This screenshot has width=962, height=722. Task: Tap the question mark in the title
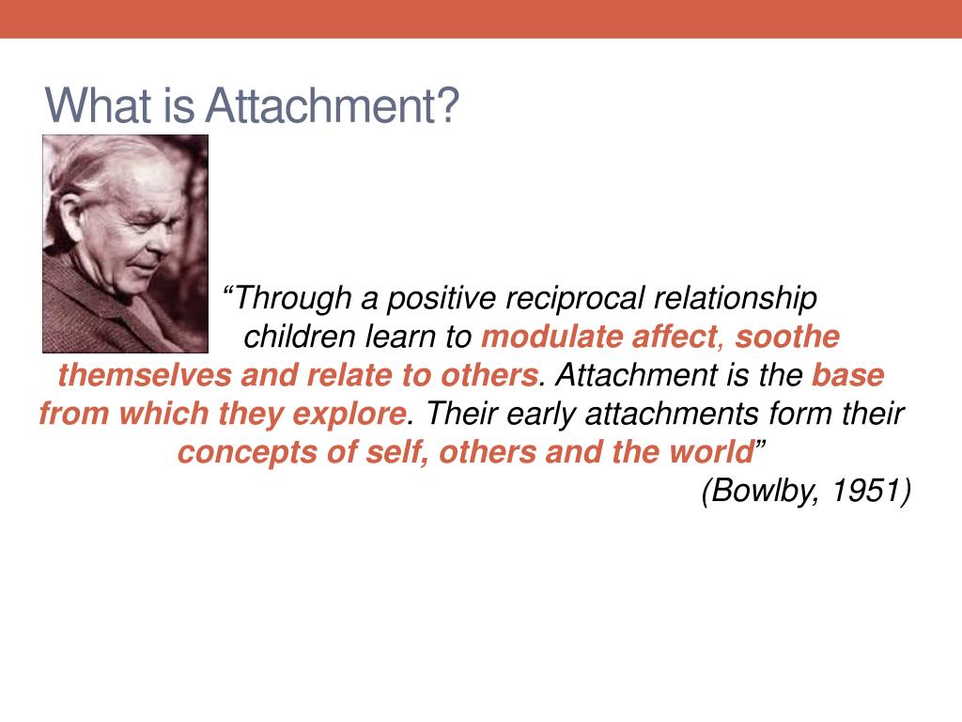pos(446,105)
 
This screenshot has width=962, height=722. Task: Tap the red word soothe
pos(787,337)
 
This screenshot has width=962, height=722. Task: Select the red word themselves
pos(145,375)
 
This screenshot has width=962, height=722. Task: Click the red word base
pos(848,375)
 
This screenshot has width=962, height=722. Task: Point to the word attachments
pos(673,414)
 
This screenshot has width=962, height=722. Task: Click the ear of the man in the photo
pos(70,217)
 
